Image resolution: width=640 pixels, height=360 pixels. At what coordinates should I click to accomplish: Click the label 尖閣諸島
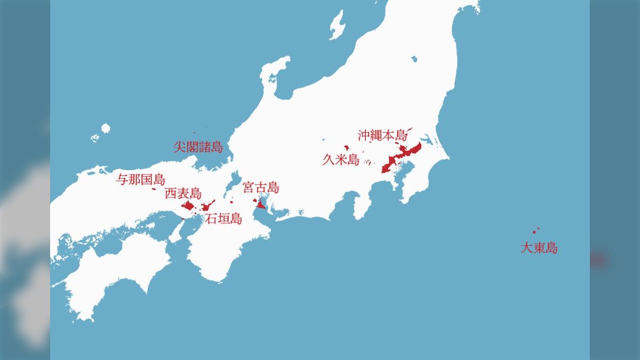point(198,147)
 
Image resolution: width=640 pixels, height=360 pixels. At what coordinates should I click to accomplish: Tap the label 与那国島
point(141,180)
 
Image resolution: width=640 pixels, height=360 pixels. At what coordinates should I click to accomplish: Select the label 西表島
point(183,193)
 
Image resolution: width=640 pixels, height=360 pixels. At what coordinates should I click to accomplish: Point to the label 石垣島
point(224,218)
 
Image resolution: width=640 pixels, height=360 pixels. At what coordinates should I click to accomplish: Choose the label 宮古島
point(261,187)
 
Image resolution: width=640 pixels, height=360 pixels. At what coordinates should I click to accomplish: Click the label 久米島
point(341,159)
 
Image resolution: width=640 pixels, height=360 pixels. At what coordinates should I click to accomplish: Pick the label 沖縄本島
point(382,134)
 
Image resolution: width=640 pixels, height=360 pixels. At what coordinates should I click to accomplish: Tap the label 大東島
point(539,248)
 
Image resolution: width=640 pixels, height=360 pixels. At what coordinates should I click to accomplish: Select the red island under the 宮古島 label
point(261,204)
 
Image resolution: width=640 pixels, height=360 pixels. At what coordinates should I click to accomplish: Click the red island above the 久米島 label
point(347,148)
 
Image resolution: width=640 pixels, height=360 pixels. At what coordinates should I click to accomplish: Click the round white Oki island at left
point(105,128)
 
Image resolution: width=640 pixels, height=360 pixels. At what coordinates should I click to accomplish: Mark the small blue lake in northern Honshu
point(414,60)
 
